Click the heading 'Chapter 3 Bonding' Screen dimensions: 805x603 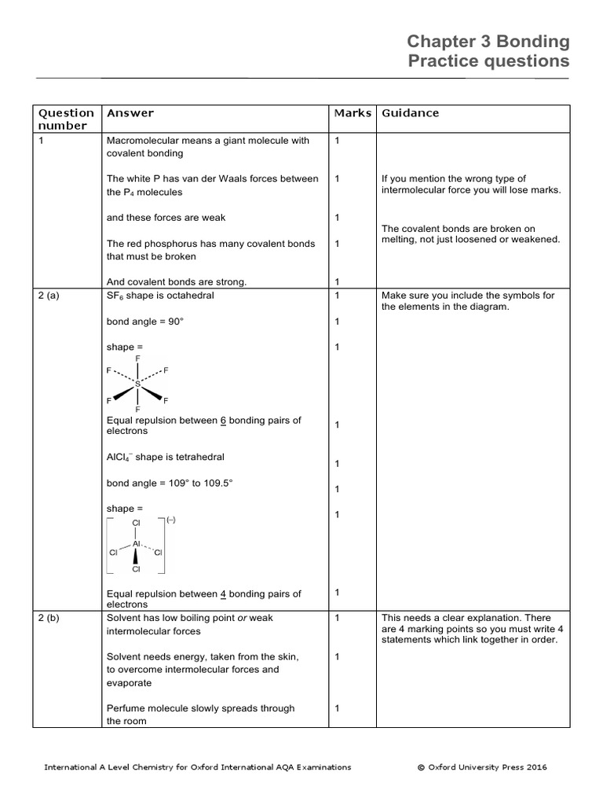[x=488, y=42]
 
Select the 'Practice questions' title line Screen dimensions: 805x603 [x=488, y=61]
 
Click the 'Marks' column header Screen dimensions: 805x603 [x=353, y=113]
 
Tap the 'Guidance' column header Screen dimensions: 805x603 [x=411, y=113]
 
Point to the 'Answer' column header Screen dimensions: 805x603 [x=130, y=113]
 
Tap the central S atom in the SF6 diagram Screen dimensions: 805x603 [x=138, y=384]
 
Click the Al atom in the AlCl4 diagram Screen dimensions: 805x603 [x=137, y=543]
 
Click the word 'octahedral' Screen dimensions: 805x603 [x=188, y=296]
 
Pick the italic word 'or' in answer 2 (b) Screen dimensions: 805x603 [x=243, y=618]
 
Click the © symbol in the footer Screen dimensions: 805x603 [x=421, y=767]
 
